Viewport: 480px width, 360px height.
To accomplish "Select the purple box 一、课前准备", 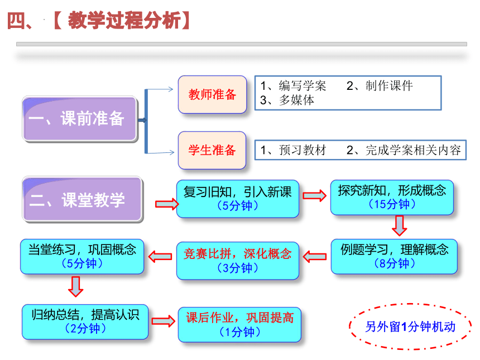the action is [80, 119].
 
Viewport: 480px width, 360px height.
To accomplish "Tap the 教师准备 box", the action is [213, 94].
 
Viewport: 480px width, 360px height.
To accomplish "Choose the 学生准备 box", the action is [212, 150].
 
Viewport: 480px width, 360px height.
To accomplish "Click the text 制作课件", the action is [389, 86].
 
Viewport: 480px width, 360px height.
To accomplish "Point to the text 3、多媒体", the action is [287, 100].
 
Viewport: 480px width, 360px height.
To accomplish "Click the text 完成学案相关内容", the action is [413, 150].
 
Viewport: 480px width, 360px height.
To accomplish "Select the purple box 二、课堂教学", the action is [82, 199].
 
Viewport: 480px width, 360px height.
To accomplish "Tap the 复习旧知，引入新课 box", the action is [238, 199].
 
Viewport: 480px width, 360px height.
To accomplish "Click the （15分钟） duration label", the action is [392, 204].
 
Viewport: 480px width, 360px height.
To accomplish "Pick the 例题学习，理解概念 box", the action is [394, 257].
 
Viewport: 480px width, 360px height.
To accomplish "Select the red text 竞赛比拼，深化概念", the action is [238, 254].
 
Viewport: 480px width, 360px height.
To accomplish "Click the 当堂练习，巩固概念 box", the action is [82, 257].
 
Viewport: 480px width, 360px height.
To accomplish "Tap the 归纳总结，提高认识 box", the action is [85, 321].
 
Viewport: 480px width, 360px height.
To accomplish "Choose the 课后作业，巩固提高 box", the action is [239, 324].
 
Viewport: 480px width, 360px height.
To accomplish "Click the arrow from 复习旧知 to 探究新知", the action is [315, 195].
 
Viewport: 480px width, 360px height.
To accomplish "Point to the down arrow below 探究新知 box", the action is [400, 225].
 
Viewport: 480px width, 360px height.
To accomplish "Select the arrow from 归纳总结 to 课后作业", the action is [164, 321].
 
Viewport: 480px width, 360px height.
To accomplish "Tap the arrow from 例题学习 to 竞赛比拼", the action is [315, 257].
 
